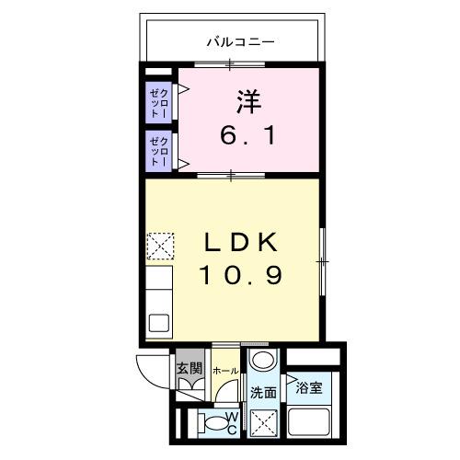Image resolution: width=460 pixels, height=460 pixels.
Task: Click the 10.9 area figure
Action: [241, 274]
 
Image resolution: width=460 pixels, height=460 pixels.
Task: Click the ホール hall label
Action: [225, 371]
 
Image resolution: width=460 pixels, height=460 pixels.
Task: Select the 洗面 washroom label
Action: [264, 392]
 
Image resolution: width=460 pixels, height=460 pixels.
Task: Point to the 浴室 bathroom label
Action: [309, 387]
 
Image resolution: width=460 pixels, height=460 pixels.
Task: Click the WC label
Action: [233, 424]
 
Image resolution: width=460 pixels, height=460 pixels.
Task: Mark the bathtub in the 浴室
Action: [312, 423]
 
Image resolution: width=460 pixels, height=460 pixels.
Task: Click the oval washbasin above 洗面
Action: [264, 361]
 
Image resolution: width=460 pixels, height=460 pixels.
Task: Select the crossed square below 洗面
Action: [264, 423]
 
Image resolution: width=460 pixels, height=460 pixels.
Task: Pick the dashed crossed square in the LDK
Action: [159, 244]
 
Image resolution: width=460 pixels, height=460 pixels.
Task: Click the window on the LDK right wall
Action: [323, 261]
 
